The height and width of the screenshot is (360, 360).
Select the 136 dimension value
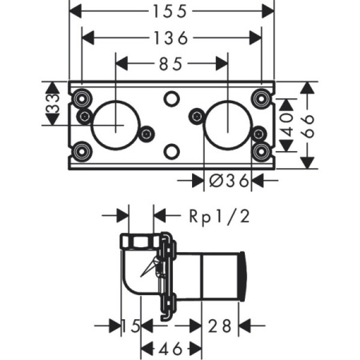click(172, 38)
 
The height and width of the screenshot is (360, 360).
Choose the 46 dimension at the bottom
click(166, 348)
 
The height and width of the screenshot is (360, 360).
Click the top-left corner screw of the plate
click(80, 98)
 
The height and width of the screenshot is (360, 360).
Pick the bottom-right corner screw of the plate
click(260, 150)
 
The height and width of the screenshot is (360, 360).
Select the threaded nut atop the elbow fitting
click(138, 241)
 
